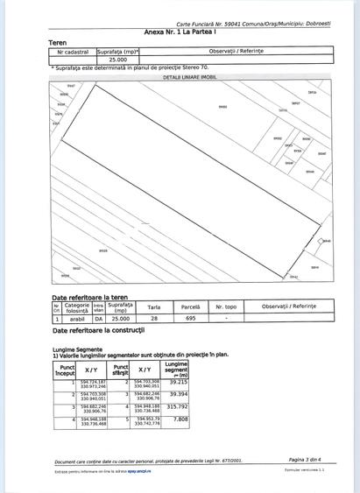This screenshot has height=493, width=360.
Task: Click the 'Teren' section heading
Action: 59,42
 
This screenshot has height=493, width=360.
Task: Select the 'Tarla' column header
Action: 153,307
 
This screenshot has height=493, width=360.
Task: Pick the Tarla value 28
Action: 153,320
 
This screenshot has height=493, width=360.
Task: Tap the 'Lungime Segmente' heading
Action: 76,349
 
